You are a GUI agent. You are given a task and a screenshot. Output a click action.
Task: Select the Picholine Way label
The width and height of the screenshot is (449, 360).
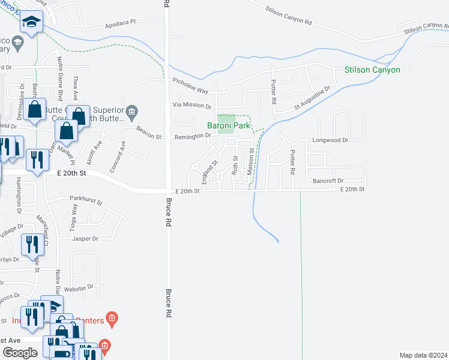pos(190,91)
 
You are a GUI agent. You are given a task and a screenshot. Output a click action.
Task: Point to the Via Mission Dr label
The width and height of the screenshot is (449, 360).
pos(191,106)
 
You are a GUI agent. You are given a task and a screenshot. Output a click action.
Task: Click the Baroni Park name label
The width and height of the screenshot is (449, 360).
pos(228,126)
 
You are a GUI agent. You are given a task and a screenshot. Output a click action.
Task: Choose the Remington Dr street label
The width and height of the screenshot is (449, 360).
pos(192,136)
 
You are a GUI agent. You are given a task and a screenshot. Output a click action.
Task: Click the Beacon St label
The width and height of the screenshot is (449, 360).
pos(149,137)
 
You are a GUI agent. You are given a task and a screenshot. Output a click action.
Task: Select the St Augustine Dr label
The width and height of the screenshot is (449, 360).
pos(312,97)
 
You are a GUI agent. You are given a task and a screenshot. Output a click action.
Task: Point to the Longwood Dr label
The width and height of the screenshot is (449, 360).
pos(330,140)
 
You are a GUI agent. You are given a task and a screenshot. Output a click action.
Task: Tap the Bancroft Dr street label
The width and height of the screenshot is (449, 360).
pos(328,181)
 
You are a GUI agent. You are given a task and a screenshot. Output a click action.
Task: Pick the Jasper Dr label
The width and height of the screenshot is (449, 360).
pos(85,239)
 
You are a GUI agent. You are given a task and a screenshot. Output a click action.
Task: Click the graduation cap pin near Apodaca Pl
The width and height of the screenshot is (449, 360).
pos(31,24)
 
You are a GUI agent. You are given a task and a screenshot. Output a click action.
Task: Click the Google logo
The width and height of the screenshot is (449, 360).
pos(20,353)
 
